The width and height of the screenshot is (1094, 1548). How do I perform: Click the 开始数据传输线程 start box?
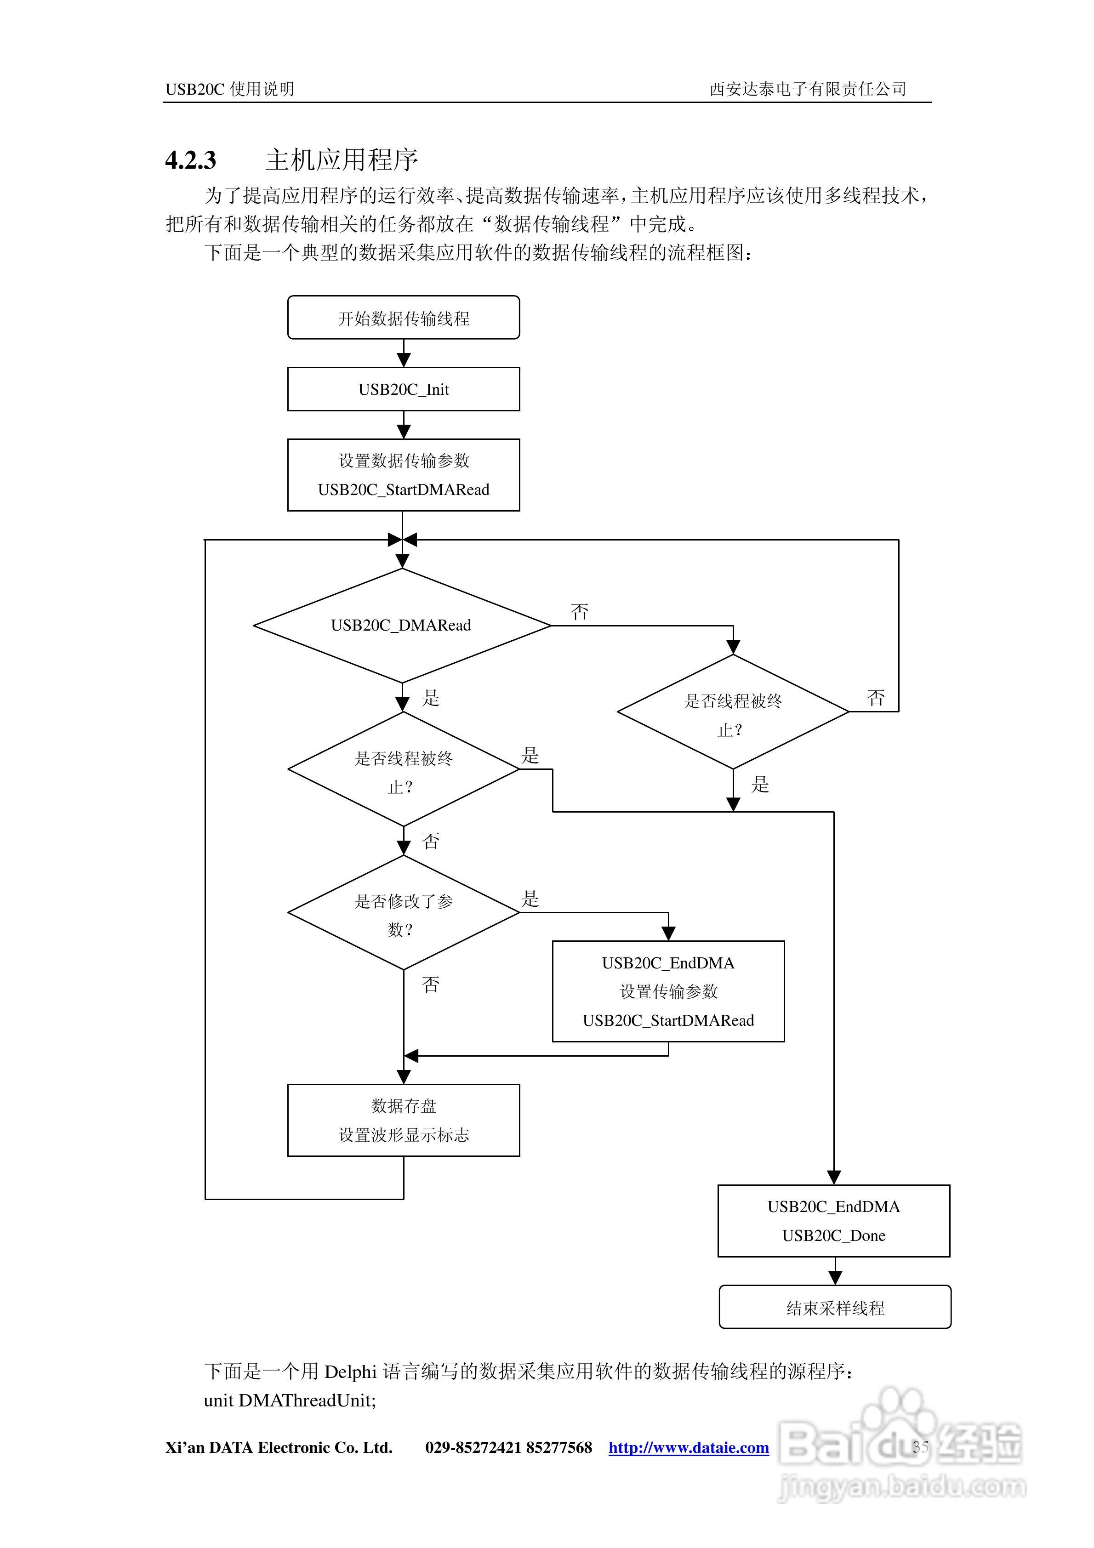403,318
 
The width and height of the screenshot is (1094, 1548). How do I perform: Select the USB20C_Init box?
403,389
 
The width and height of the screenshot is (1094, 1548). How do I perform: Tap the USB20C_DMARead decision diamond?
402,625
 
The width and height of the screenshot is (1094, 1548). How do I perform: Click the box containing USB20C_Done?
834,1221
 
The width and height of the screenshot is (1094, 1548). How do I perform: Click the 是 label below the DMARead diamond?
430,698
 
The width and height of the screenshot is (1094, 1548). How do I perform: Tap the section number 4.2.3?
191,160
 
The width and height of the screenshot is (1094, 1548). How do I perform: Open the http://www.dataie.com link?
688,1447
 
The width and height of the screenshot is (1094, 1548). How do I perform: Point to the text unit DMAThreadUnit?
290,1400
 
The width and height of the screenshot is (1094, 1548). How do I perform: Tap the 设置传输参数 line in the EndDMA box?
668,991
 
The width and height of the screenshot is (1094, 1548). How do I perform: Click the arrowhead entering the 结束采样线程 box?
835,1278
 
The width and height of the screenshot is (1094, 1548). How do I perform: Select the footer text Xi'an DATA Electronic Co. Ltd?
279,1447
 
